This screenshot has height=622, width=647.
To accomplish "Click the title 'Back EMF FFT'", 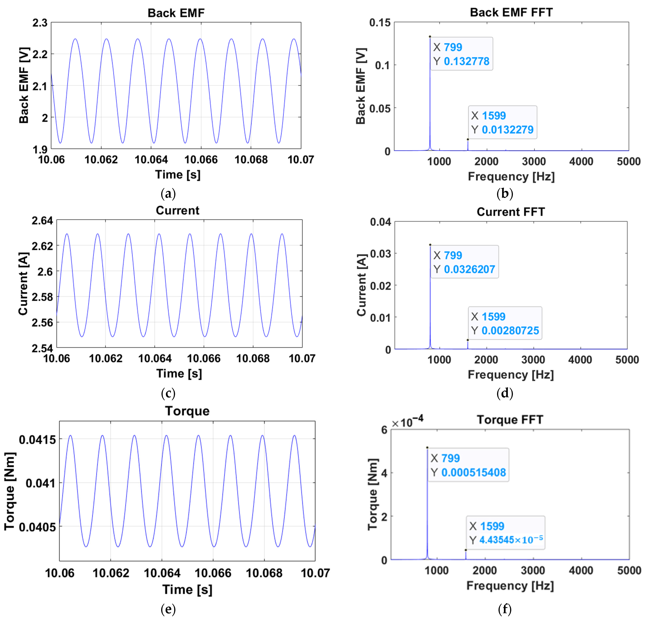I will [x=511, y=13].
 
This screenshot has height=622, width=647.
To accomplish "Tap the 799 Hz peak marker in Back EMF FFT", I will [x=430, y=37].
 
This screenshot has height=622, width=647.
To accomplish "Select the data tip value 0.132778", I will [x=466, y=61].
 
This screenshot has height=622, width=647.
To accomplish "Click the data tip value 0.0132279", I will [x=507, y=130].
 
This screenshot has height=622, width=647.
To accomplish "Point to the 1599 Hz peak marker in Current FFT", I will [x=467, y=340].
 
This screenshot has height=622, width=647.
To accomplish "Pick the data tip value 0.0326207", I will [x=469, y=269].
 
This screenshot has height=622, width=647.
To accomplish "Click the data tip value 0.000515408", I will [x=473, y=472].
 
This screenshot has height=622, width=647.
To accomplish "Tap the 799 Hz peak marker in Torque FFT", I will [x=427, y=448].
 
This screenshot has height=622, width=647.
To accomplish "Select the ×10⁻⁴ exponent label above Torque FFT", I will [x=407, y=422].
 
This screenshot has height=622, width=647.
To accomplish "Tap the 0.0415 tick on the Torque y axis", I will [x=37, y=440].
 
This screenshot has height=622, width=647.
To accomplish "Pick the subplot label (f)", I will [x=504, y=609].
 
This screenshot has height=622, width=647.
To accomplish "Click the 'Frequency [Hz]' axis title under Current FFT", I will [x=510, y=375].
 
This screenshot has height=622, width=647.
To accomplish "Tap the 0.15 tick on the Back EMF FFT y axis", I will [x=380, y=23].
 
